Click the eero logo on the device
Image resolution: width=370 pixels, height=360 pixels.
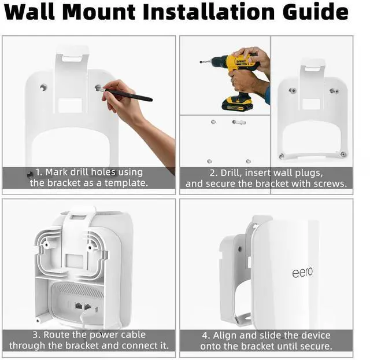(x=302, y=272)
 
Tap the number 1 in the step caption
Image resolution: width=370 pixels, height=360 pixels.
(x=38, y=172)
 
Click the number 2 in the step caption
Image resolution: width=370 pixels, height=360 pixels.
(x=212, y=172)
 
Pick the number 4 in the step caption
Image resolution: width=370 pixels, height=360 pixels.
(x=205, y=336)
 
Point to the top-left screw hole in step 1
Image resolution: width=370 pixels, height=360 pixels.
(x=43, y=87)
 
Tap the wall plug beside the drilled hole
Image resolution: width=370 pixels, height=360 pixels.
(x=238, y=122)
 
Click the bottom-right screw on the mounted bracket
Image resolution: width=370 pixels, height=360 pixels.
(x=343, y=155)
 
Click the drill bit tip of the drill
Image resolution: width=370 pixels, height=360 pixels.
(x=202, y=61)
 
